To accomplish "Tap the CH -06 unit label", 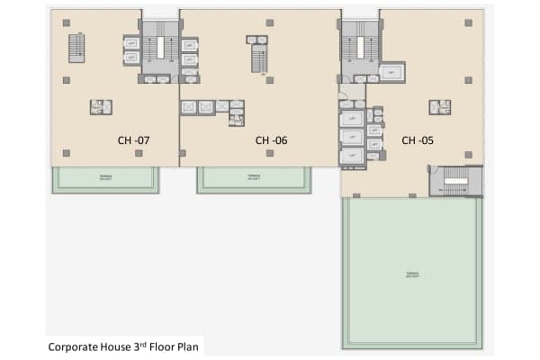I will click(271, 139).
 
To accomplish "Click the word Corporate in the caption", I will click(74, 345).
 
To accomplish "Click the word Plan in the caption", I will click(190, 345).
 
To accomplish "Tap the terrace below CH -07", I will click(105, 178).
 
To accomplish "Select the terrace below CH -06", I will click(256, 178).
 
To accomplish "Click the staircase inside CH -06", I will click(257, 59).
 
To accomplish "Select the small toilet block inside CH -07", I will click(98, 107).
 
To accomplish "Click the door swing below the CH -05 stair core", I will click(346, 92).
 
